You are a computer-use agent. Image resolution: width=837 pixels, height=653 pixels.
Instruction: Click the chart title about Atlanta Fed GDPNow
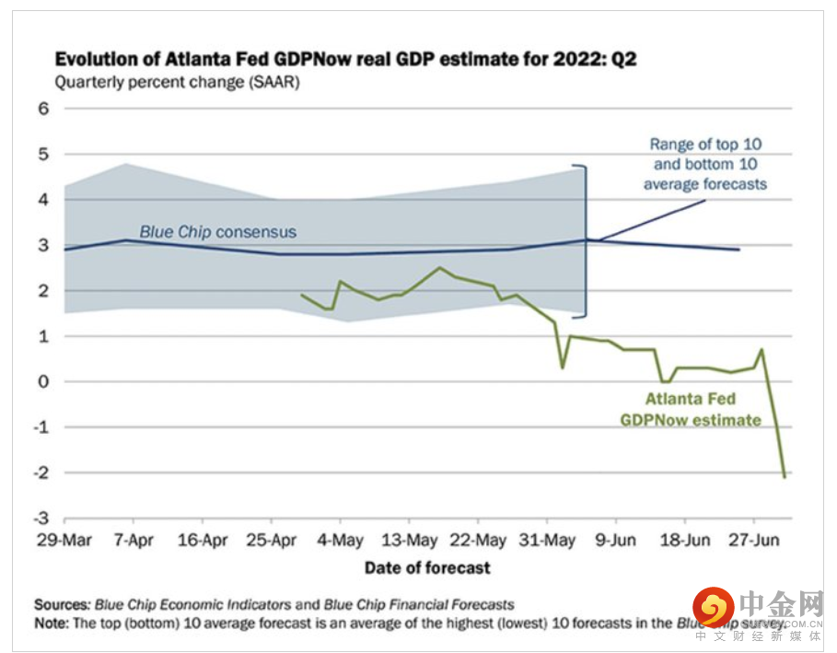coord(345,60)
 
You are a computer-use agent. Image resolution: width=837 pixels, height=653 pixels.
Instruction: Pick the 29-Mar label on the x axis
coord(64,541)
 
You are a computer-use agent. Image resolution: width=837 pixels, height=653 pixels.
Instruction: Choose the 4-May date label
coord(340,541)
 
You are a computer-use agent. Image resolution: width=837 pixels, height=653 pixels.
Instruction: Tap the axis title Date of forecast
coord(427,567)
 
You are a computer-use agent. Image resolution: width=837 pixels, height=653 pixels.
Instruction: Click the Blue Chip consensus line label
coord(218,232)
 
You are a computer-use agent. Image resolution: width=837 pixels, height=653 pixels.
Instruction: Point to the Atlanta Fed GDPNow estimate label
coord(691,410)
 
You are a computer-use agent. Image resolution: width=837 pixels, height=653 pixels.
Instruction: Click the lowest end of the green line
coord(785,476)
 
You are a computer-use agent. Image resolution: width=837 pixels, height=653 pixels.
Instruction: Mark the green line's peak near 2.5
coord(439,268)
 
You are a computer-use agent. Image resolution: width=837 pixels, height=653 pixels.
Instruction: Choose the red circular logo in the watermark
coord(713,608)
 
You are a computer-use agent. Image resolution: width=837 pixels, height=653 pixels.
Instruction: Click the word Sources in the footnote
coord(63,605)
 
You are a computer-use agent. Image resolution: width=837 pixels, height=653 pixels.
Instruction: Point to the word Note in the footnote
coord(52,624)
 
